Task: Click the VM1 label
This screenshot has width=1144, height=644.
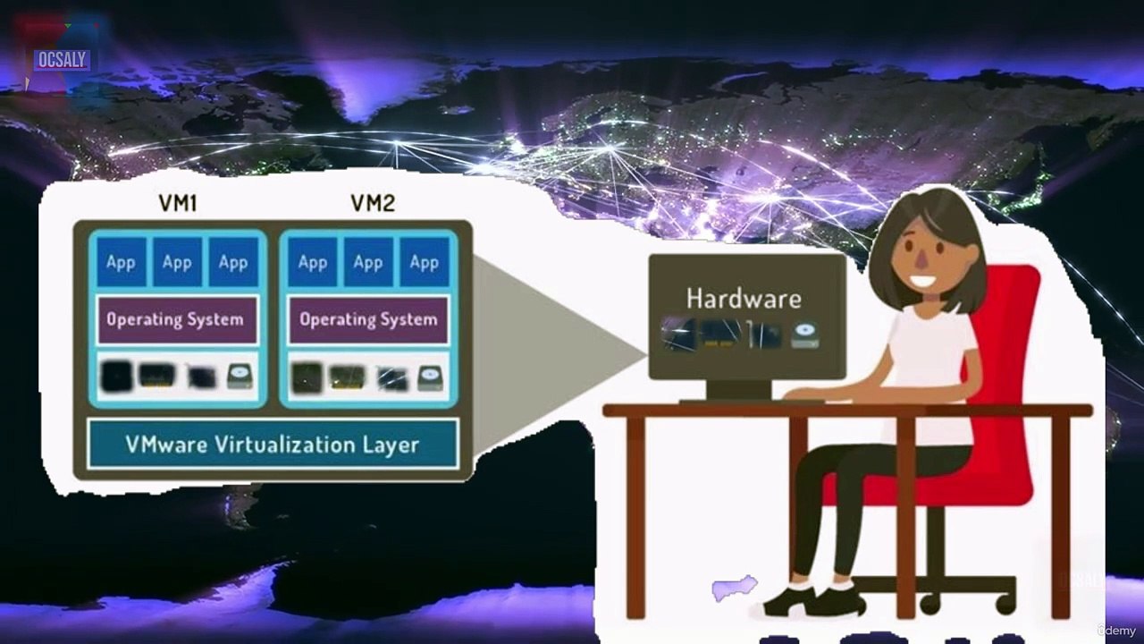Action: point(178,203)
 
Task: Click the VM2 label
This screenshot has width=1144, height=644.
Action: point(373,203)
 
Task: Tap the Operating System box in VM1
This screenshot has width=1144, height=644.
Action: point(177,319)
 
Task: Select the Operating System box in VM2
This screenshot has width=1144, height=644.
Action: point(368,319)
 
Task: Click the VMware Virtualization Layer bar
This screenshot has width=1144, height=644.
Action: point(273,445)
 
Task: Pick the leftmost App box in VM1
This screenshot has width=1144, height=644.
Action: point(121,262)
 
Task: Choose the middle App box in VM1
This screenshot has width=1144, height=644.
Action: point(177,262)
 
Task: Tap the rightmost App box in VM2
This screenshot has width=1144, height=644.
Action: point(425,262)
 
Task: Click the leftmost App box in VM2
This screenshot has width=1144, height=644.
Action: point(313,262)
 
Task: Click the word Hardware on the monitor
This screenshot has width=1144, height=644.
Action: point(744,299)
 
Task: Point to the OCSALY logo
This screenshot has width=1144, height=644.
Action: point(62,60)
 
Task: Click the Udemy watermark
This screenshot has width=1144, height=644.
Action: point(1116,631)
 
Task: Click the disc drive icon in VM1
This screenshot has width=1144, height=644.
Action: point(240,377)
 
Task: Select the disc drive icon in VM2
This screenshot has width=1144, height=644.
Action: point(430,378)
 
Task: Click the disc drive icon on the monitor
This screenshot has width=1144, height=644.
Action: point(805,335)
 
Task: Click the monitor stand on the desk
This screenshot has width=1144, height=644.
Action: point(739,392)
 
